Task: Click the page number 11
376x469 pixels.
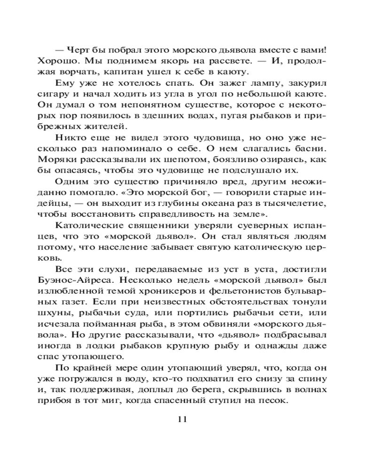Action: [183, 419]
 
